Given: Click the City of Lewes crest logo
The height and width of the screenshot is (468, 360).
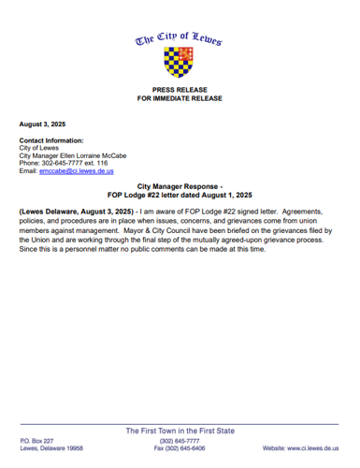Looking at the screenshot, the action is click(x=180, y=64).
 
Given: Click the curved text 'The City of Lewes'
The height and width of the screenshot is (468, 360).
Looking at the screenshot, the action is click(x=180, y=39).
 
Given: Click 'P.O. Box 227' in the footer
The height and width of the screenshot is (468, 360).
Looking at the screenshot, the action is click(x=37, y=440).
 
